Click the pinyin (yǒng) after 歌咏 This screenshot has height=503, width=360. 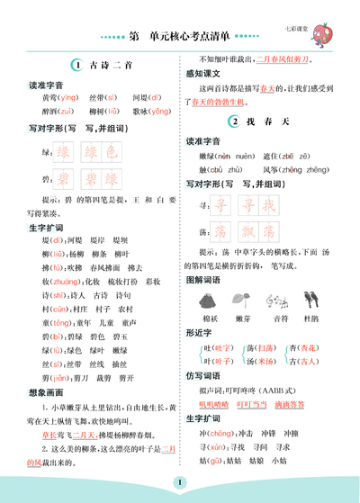(x=158, y=111)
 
